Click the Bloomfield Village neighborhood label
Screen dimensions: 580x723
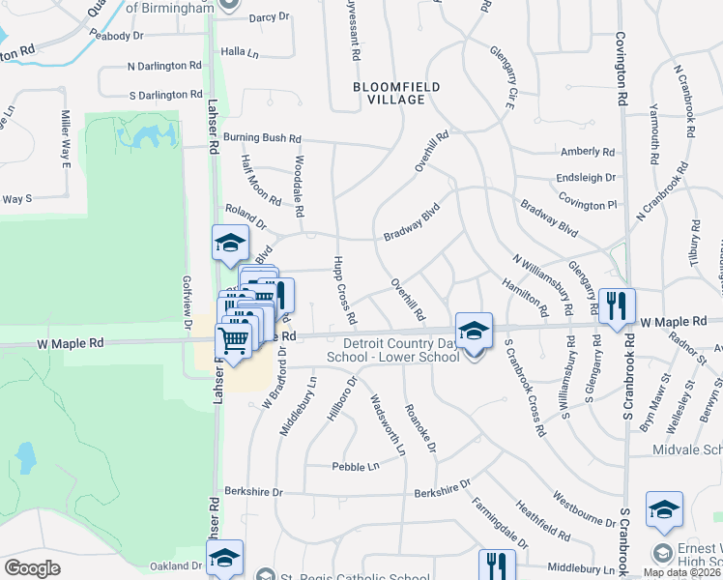coord(395,93)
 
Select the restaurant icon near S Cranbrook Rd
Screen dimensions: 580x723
coord(617,306)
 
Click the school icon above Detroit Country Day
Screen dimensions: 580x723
coord(474,331)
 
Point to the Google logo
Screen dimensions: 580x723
coord(32,567)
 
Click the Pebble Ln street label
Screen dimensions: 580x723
coord(355,466)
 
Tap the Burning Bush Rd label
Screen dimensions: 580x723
coord(262,138)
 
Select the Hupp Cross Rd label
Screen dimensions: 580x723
coord(345,290)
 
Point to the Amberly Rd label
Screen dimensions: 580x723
coord(588,152)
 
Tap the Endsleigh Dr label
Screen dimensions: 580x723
coord(586,178)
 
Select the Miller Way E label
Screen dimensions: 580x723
coord(67,138)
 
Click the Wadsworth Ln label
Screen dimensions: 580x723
coord(387,423)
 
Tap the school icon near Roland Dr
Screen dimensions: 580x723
coord(230,243)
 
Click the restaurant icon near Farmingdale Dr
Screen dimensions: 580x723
coord(497,565)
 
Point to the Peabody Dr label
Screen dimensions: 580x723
coord(116,35)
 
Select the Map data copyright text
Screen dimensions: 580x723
coord(681,572)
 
